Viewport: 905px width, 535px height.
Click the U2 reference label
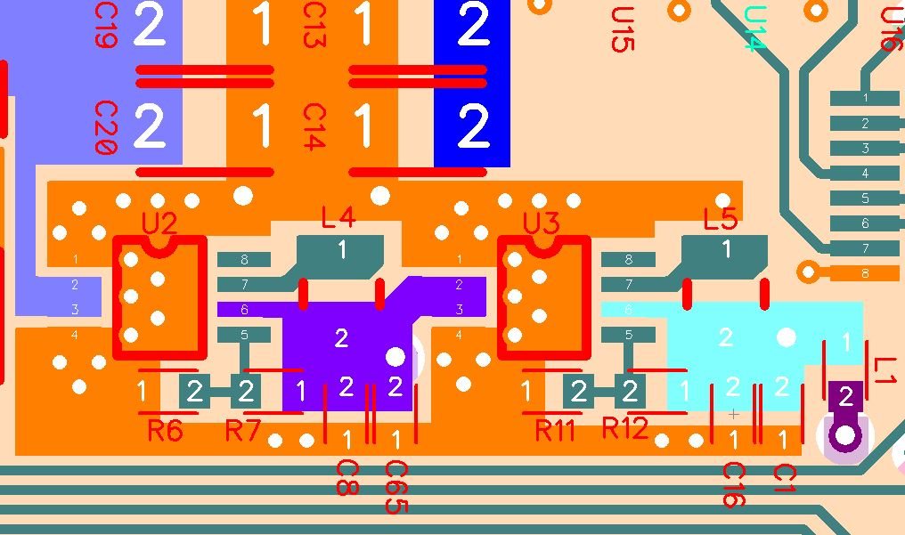click(x=159, y=223)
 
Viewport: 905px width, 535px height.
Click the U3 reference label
click(x=541, y=223)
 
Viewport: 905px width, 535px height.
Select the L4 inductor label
click(x=338, y=216)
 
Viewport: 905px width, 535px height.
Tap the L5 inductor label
click(x=720, y=218)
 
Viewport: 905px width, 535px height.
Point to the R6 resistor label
click(x=165, y=431)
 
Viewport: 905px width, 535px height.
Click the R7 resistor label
click(x=241, y=431)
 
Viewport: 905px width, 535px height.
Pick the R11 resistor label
click(x=555, y=431)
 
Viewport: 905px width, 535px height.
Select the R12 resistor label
click(x=624, y=428)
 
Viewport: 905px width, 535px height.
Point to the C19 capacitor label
click(x=105, y=24)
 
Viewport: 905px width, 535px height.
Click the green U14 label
click(x=754, y=28)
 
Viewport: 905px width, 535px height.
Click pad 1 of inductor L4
click(x=342, y=251)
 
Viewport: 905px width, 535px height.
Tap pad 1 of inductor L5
click(x=726, y=250)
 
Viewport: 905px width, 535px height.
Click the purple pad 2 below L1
click(x=845, y=397)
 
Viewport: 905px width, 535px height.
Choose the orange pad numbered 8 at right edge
click(x=864, y=273)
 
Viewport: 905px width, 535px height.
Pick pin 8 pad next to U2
click(x=244, y=260)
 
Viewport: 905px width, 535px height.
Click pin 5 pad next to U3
click(x=628, y=336)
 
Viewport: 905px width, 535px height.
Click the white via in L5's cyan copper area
click(x=786, y=337)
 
